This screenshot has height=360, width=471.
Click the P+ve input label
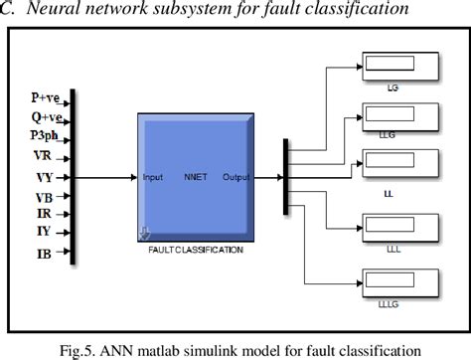[45, 99]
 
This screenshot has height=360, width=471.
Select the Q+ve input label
[45, 116]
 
